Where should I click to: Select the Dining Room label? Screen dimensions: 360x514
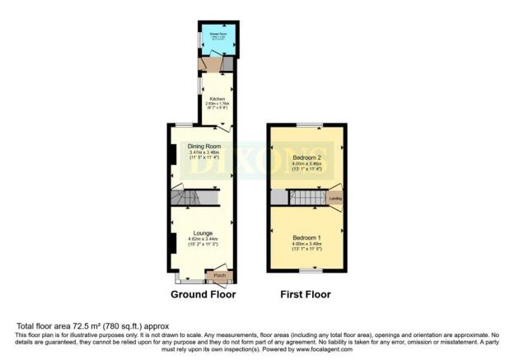click(203, 147)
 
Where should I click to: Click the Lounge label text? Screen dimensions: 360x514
click(203, 233)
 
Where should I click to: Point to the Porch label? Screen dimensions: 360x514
click(220, 274)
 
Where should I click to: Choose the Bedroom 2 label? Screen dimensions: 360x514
click(306, 157)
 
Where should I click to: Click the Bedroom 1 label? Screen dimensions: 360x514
click(306, 237)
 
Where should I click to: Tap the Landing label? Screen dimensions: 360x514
click(335, 199)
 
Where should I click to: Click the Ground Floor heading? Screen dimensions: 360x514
click(203, 294)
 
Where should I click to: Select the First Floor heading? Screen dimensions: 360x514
click(306, 294)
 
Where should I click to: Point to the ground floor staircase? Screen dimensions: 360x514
click(196, 199)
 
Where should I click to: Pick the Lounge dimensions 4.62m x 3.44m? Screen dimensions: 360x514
click(203, 240)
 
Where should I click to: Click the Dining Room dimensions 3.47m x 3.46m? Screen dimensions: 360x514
click(203, 153)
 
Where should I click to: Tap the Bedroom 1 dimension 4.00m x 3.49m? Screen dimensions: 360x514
click(306, 244)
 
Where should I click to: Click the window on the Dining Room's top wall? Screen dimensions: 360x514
click(183, 124)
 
